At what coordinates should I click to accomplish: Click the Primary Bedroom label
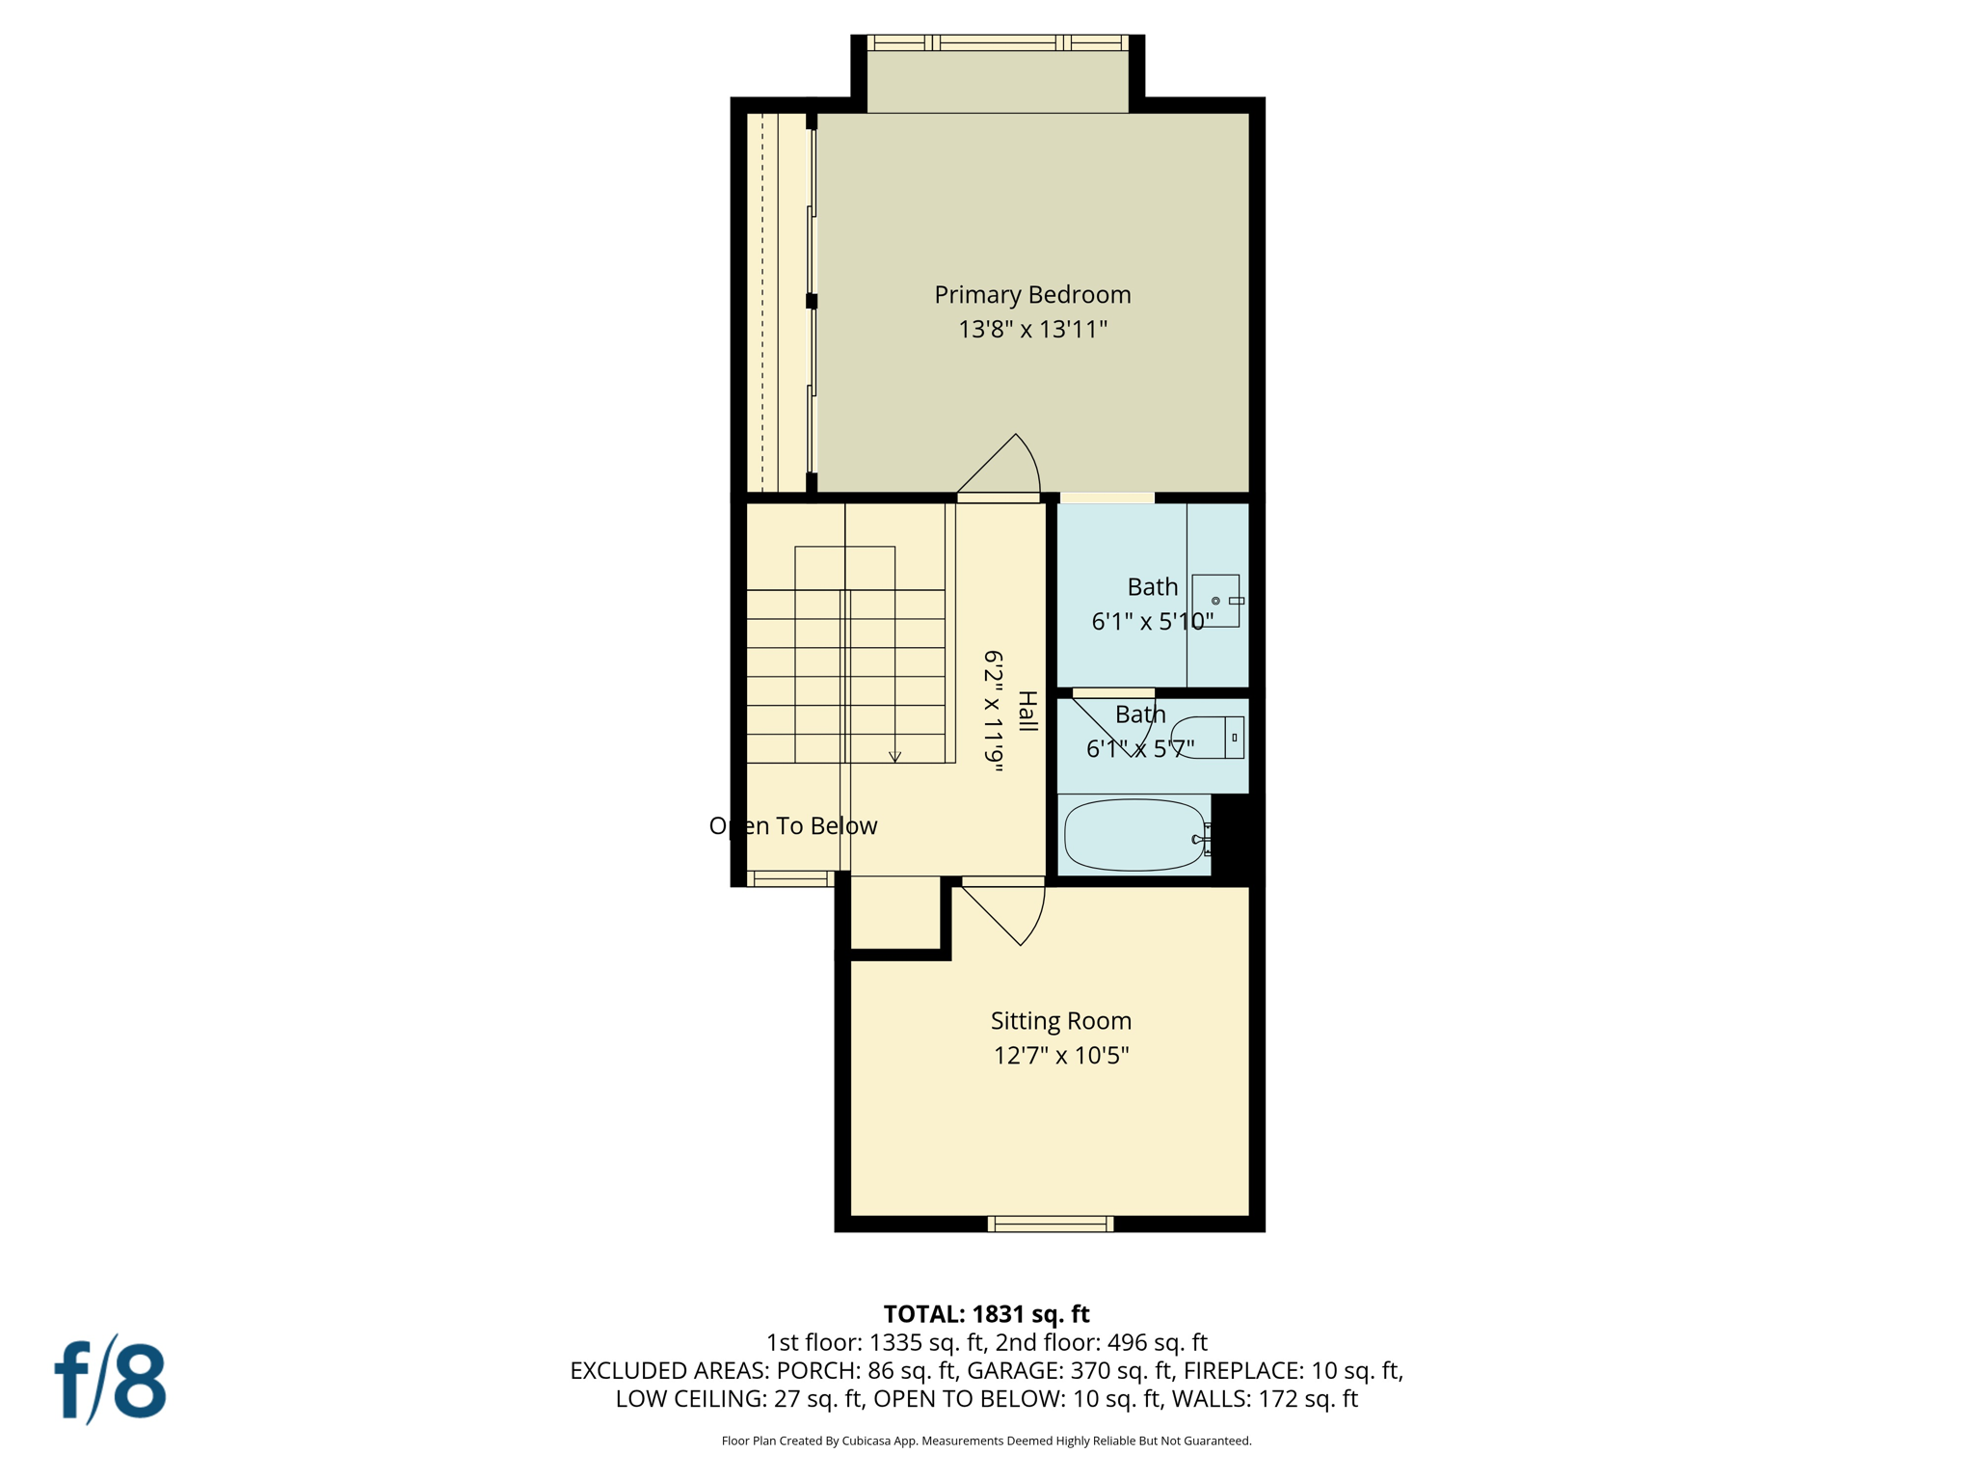pyautogui.click(x=1032, y=295)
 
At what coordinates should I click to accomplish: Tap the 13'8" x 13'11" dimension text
pyautogui.click(x=1032, y=330)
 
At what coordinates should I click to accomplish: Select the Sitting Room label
pyautogui.click(x=1060, y=1020)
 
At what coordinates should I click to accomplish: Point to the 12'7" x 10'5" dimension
pyautogui.click(x=1060, y=1055)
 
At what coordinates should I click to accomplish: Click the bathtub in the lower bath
pyautogui.click(x=1134, y=836)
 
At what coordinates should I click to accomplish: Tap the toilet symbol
pyautogui.click(x=1207, y=738)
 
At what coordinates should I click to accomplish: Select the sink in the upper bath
pyautogui.click(x=1215, y=601)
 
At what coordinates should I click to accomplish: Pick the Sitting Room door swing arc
pyautogui.click(x=1036, y=921)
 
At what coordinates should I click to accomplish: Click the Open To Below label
pyautogui.click(x=792, y=826)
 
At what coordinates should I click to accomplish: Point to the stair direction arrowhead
pyautogui.click(x=894, y=757)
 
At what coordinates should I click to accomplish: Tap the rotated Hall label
pyautogui.click(x=1027, y=712)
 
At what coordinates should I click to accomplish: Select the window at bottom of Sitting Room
pyautogui.click(x=1051, y=1224)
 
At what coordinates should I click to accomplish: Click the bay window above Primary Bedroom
pyautogui.click(x=998, y=43)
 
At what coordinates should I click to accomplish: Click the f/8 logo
pyautogui.click(x=110, y=1381)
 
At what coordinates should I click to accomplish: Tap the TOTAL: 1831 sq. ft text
pyautogui.click(x=986, y=1314)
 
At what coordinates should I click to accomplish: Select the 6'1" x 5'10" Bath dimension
pyautogui.click(x=1152, y=622)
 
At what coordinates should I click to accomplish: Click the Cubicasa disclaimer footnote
pyautogui.click(x=986, y=1441)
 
